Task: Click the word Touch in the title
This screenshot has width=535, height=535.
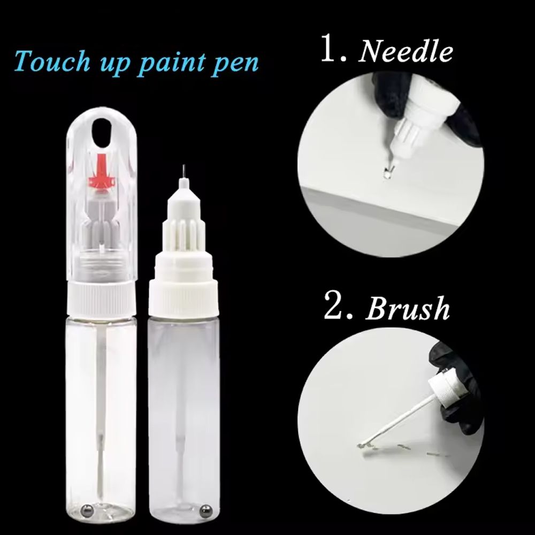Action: pos(52,62)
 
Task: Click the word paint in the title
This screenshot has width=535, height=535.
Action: pos(172,64)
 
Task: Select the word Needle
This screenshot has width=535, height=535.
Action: pos(406,52)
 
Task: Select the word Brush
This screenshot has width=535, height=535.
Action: pos(408,309)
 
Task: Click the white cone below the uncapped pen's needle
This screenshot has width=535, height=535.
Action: pos(184,195)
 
